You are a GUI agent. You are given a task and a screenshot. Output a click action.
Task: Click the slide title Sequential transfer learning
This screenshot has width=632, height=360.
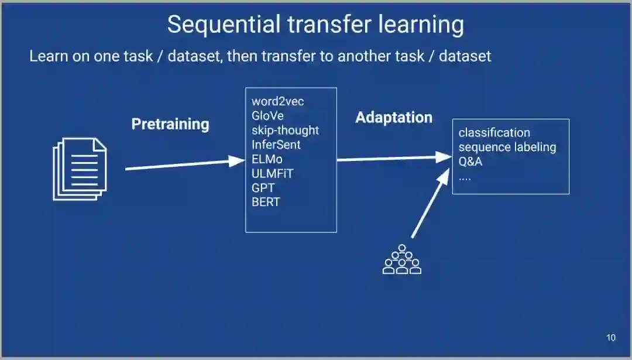[315, 25]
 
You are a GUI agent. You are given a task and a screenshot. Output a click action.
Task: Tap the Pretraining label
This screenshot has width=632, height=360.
[170, 124]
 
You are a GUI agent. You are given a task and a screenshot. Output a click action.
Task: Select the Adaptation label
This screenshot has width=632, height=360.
[393, 118]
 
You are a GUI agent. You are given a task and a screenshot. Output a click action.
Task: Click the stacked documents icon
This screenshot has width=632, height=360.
[80, 169]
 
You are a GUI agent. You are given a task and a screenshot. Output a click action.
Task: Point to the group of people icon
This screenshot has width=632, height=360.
[401, 259]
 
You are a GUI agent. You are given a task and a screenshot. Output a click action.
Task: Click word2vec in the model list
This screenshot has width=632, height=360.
[277, 102]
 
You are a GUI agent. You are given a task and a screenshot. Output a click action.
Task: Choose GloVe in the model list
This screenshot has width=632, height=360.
[267, 116]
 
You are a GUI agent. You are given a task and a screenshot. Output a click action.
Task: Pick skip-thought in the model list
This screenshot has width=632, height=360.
[285, 130]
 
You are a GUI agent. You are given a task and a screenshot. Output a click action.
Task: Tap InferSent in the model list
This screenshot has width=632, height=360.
[276, 145]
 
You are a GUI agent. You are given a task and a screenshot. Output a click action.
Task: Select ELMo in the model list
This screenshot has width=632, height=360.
[267, 159]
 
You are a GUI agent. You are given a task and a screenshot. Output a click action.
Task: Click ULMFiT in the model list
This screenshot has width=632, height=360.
[272, 173]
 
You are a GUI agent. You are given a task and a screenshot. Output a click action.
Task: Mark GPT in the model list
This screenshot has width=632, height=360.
[263, 188]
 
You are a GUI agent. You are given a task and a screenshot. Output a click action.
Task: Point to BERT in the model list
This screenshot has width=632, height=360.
[266, 202]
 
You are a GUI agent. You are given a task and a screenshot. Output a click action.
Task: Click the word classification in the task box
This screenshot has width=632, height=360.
[494, 133]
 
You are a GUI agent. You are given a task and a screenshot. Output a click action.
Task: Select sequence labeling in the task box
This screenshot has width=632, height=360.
[507, 147]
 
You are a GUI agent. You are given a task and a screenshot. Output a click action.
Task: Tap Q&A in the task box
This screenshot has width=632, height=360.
[470, 162]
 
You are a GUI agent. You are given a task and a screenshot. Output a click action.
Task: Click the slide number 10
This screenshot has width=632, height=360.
[610, 338]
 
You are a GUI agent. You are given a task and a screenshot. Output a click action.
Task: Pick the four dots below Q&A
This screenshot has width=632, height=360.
[465, 177]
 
